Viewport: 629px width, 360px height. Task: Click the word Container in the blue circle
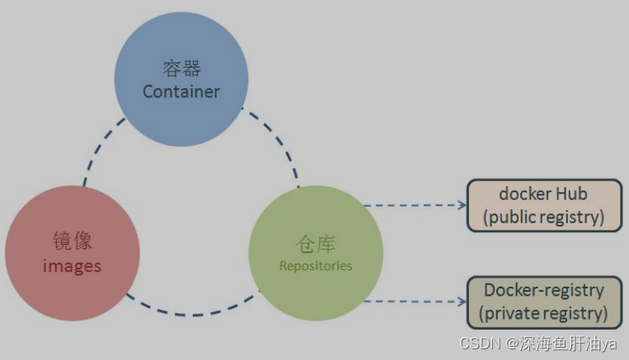click(x=181, y=91)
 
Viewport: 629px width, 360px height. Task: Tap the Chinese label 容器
click(x=181, y=68)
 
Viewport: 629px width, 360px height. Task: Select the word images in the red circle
click(x=72, y=265)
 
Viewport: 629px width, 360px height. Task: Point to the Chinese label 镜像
click(x=73, y=241)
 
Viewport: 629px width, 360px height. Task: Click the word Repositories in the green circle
click(x=316, y=265)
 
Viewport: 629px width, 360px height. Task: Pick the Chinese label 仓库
click(x=316, y=244)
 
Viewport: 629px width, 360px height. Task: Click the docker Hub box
click(x=543, y=205)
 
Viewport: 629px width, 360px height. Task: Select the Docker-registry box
click(x=543, y=302)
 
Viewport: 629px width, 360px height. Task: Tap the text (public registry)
click(x=543, y=217)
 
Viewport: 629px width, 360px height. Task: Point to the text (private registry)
click(x=543, y=314)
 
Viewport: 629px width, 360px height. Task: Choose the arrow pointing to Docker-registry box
click(x=416, y=301)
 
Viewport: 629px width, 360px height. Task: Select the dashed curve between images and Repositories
click(x=194, y=313)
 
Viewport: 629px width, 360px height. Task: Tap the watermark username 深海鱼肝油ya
click(x=570, y=344)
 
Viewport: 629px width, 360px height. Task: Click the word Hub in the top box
click(x=570, y=194)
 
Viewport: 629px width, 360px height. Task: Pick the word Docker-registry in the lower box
click(x=543, y=290)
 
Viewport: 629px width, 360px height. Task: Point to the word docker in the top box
click(x=524, y=194)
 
